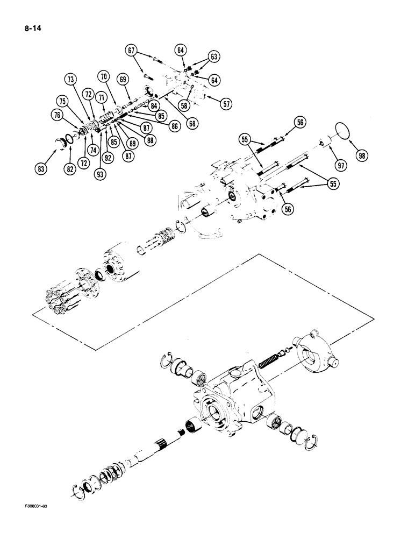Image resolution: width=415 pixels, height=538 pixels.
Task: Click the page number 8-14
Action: pos(33,24)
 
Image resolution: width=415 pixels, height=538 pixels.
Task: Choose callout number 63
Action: pos(214,56)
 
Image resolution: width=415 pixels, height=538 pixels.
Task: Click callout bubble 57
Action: pos(226,105)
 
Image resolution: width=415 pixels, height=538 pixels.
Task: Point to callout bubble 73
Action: pos(70,79)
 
